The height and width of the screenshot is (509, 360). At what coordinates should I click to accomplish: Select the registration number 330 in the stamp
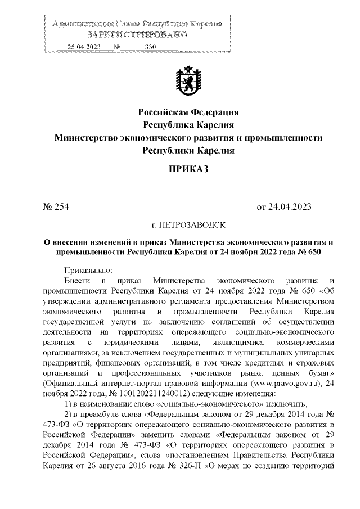pyautogui.click(x=150, y=47)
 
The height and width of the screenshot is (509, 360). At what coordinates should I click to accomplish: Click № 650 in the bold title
pyautogui.click(x=308, y=253)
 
